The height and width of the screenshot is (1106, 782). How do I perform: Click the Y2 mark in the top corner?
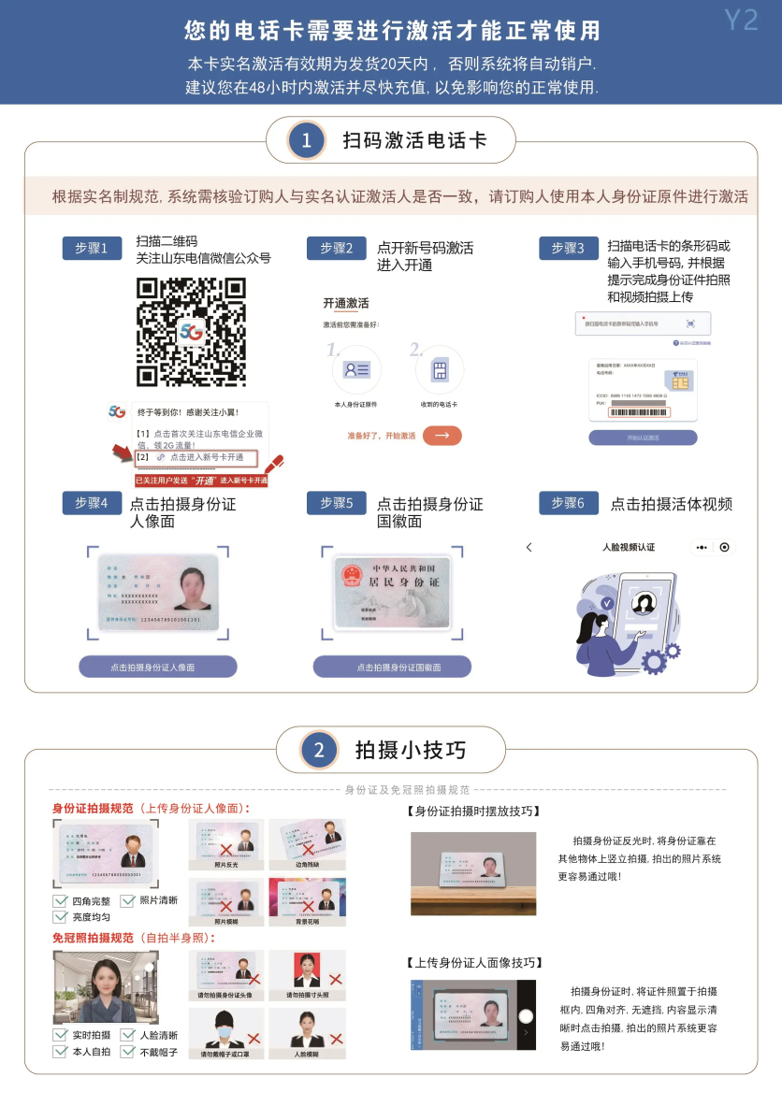pyautogui.click(x=741, y=21)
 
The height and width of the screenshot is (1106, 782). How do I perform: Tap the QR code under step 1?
pyautogui.click(x=192, y=333)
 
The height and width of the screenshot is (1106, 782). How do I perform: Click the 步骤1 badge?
pyautogui.click(x=92, y=248)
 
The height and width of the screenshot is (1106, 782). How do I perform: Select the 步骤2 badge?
pyautogui.click(x=336, y=248)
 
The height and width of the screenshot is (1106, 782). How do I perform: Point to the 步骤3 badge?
pyautogui.click(x=568, y=248)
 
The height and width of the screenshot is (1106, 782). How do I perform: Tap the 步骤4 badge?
pyautogui.click(x=92, y=503)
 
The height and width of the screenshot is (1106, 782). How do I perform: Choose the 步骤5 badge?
pyautogui.click(x=336, y=503)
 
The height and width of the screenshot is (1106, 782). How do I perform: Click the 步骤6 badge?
pyautogui.click(x=568, y=503)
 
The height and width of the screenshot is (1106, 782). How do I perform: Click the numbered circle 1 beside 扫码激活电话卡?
pyautogui.click(x=306, y=141)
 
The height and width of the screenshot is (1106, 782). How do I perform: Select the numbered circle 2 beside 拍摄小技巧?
pyautogui.click(x=318, y=750)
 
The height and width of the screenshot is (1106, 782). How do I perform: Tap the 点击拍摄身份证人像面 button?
pyautogui.click(x=158, y=667)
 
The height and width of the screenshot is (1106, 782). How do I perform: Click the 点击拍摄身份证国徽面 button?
pyautogui.click(x=392, y=667)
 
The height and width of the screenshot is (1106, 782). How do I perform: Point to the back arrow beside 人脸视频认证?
pyautogui.click(x=529, y=547)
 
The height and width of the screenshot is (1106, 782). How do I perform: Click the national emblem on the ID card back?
pyautogui.click(x=353, y=575)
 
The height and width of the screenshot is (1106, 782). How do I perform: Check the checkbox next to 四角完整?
pyautogui.click(x=60, y=901)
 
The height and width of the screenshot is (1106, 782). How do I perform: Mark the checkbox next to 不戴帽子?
pyautogui.click(x=128, y=1052)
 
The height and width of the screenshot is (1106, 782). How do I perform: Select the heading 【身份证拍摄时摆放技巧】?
pyautogui.click(x=473, y=811)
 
